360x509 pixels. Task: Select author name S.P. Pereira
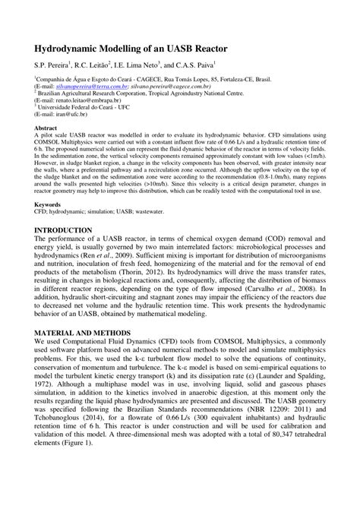coord(51,66)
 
